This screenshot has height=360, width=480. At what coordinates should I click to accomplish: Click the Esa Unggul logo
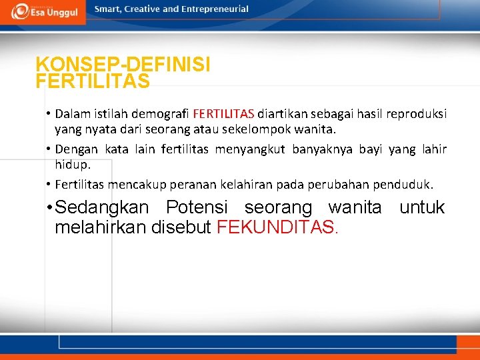click(43, 11)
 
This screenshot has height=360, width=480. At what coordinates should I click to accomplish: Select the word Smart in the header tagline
click(107, 9)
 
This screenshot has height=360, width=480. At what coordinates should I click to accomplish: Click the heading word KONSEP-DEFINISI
click(123, 65)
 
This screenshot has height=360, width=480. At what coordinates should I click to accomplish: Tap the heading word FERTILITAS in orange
click(93, 81)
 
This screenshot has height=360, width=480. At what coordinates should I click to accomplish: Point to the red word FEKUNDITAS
click(277, 228)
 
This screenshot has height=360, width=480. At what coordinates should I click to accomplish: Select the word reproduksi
click(416, 113)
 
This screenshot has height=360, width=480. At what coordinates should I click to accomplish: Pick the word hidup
click(72, 164)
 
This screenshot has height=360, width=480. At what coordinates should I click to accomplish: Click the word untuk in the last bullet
click(421, 208)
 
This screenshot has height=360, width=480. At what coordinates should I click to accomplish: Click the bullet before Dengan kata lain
click(49, 149)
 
